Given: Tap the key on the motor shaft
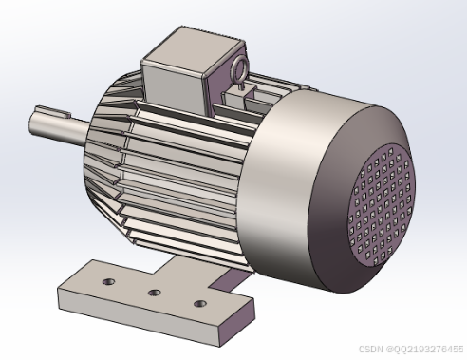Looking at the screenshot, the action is [53, 110].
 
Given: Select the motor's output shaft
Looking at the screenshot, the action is [59, 126].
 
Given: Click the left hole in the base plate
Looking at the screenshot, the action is [109, 281].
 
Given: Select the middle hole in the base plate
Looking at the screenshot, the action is [155, 293].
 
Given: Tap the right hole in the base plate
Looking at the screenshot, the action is [200, 304].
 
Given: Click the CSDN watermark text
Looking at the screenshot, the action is [411, 349].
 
